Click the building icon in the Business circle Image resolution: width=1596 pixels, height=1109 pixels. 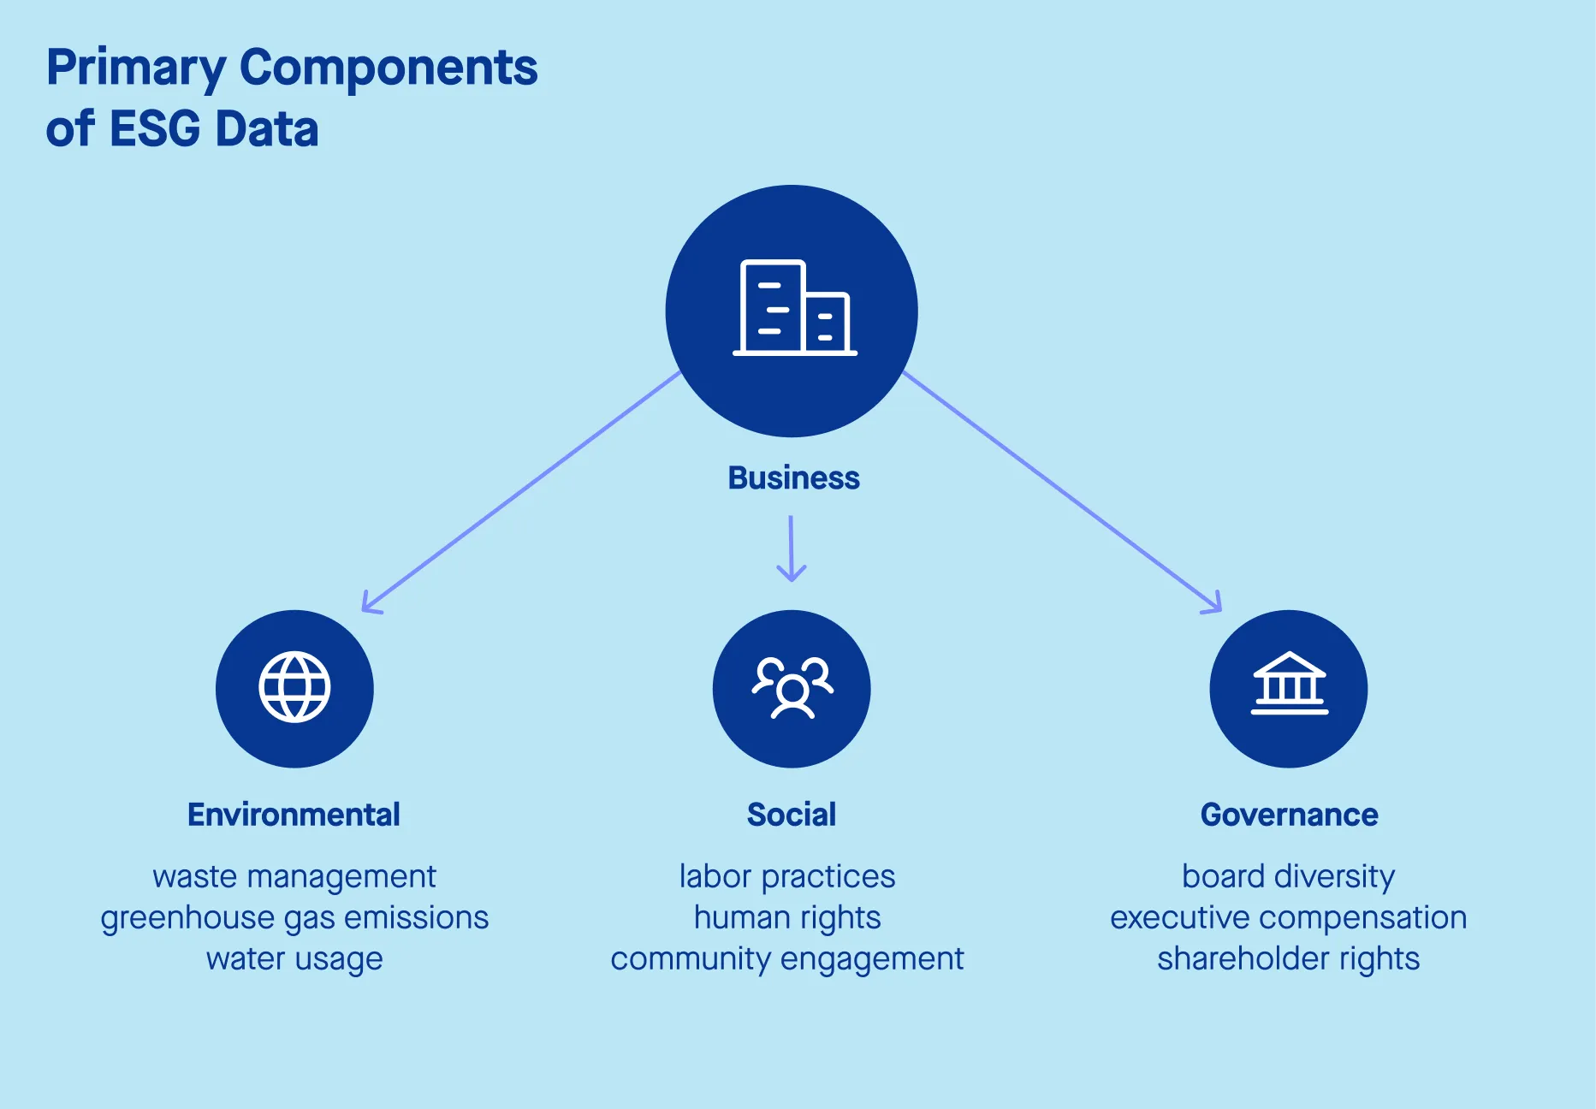(794, 308)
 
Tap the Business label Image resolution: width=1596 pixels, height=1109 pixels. (793, 477)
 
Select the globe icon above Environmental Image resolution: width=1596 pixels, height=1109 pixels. (294, 687)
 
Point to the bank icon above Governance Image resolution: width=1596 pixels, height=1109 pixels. (1289, 684)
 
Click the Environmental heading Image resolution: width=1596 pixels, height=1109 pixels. (294, 815)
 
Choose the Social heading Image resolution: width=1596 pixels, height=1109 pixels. (792, 815)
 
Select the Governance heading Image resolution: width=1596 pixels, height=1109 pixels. (1289, 815)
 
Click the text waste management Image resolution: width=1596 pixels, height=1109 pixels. (294, 876)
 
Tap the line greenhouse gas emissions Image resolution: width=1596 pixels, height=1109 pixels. (294, 917)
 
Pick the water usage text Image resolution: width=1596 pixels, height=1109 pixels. (294, 958)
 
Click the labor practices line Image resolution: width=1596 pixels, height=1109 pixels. (787, 876)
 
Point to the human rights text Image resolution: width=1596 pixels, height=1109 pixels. (787, 917)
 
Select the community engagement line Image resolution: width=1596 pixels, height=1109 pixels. (787, 958)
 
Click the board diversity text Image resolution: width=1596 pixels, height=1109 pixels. (1289, 876)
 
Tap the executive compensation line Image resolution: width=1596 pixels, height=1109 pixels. (1289, 917)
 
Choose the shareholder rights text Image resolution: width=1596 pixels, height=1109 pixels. (1289, 958)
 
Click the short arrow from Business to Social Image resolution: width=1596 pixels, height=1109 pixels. (791, 548)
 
